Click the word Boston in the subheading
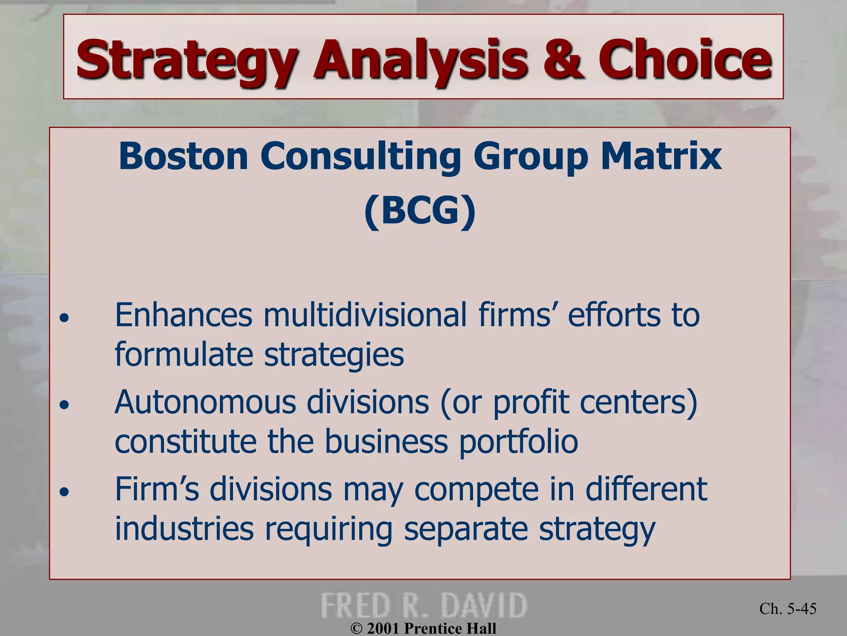pyautogui.click(x=183, y=157)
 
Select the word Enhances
pyautogui.click(x=183, y=316)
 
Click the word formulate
pyautogui.click(x=183, y=355)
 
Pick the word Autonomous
pyautogui.click(x=206, y=402)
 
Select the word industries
pyautogui.click(x=184, y=529)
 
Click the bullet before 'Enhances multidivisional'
pyautogui.click(x=64, y=318)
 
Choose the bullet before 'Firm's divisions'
pyautogui.click(x=64, y=492)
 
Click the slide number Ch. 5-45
pyautogui.click(x=787, y=609)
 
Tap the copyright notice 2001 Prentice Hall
pyautogui.click(x=423, y=629)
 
